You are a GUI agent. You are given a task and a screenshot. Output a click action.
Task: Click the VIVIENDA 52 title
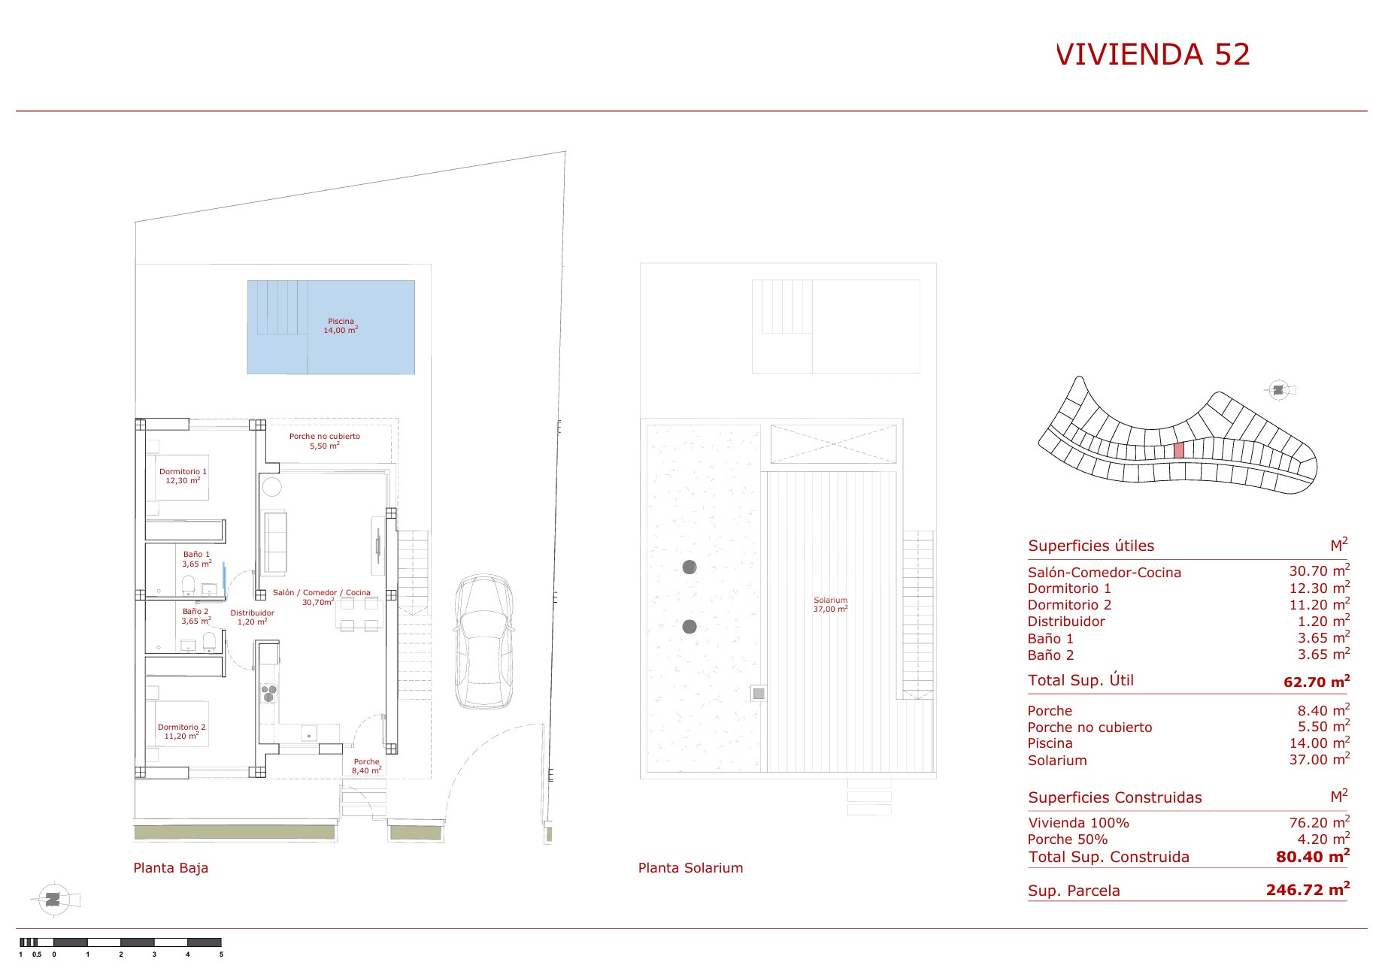tap(1153, 54)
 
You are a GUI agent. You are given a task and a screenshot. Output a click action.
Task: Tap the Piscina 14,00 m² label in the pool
tap(341, 325)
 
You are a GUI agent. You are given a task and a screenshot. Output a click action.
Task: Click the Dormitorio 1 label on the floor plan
tap(183, 476)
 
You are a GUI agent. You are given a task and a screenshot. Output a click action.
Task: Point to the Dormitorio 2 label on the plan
tap(181, 731)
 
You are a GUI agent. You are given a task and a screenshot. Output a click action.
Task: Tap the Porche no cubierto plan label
tap(325, 440)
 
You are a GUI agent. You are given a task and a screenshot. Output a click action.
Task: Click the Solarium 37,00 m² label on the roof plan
tap(830, 604)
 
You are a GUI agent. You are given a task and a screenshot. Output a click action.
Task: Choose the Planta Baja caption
tap(171, 867)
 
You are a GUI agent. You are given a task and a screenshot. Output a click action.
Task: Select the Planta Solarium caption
tap(690, 867)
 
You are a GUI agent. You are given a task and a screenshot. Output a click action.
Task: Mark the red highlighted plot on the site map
tap(1178, 449)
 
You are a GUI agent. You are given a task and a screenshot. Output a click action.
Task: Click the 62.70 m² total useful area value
tap(1317, 682)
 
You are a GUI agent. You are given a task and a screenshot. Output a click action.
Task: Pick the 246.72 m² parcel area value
tap(1308, 889)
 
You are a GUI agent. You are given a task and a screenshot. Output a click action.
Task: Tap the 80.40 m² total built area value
tap(1313, 855)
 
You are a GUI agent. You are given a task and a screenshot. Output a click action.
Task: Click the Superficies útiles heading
tap(1091, 546)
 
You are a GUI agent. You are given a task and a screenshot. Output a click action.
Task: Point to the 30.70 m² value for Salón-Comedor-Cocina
tap(1320, 570)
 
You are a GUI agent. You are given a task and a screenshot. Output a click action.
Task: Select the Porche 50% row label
tap(1068, 839)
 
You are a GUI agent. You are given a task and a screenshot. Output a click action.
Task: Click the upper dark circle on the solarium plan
tap(689, 567)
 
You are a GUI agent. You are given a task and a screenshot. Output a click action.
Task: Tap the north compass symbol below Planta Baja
tap(53, 900)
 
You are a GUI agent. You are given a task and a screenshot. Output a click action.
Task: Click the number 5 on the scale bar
tap(221, 954)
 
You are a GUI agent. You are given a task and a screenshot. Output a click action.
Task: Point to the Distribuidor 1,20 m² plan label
tap(252, 617)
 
